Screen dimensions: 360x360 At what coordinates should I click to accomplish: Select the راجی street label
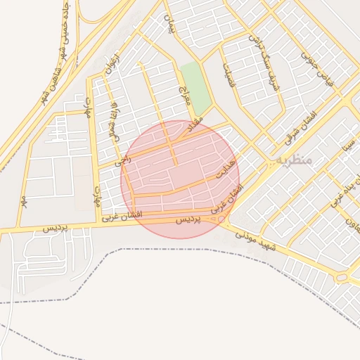pyautogui.click(x=126, y=160)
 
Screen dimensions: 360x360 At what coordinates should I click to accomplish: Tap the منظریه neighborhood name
pyautogui.click(x=294, y=160)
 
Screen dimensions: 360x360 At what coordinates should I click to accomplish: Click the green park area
pyautogui.click(x=195, y=87)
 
